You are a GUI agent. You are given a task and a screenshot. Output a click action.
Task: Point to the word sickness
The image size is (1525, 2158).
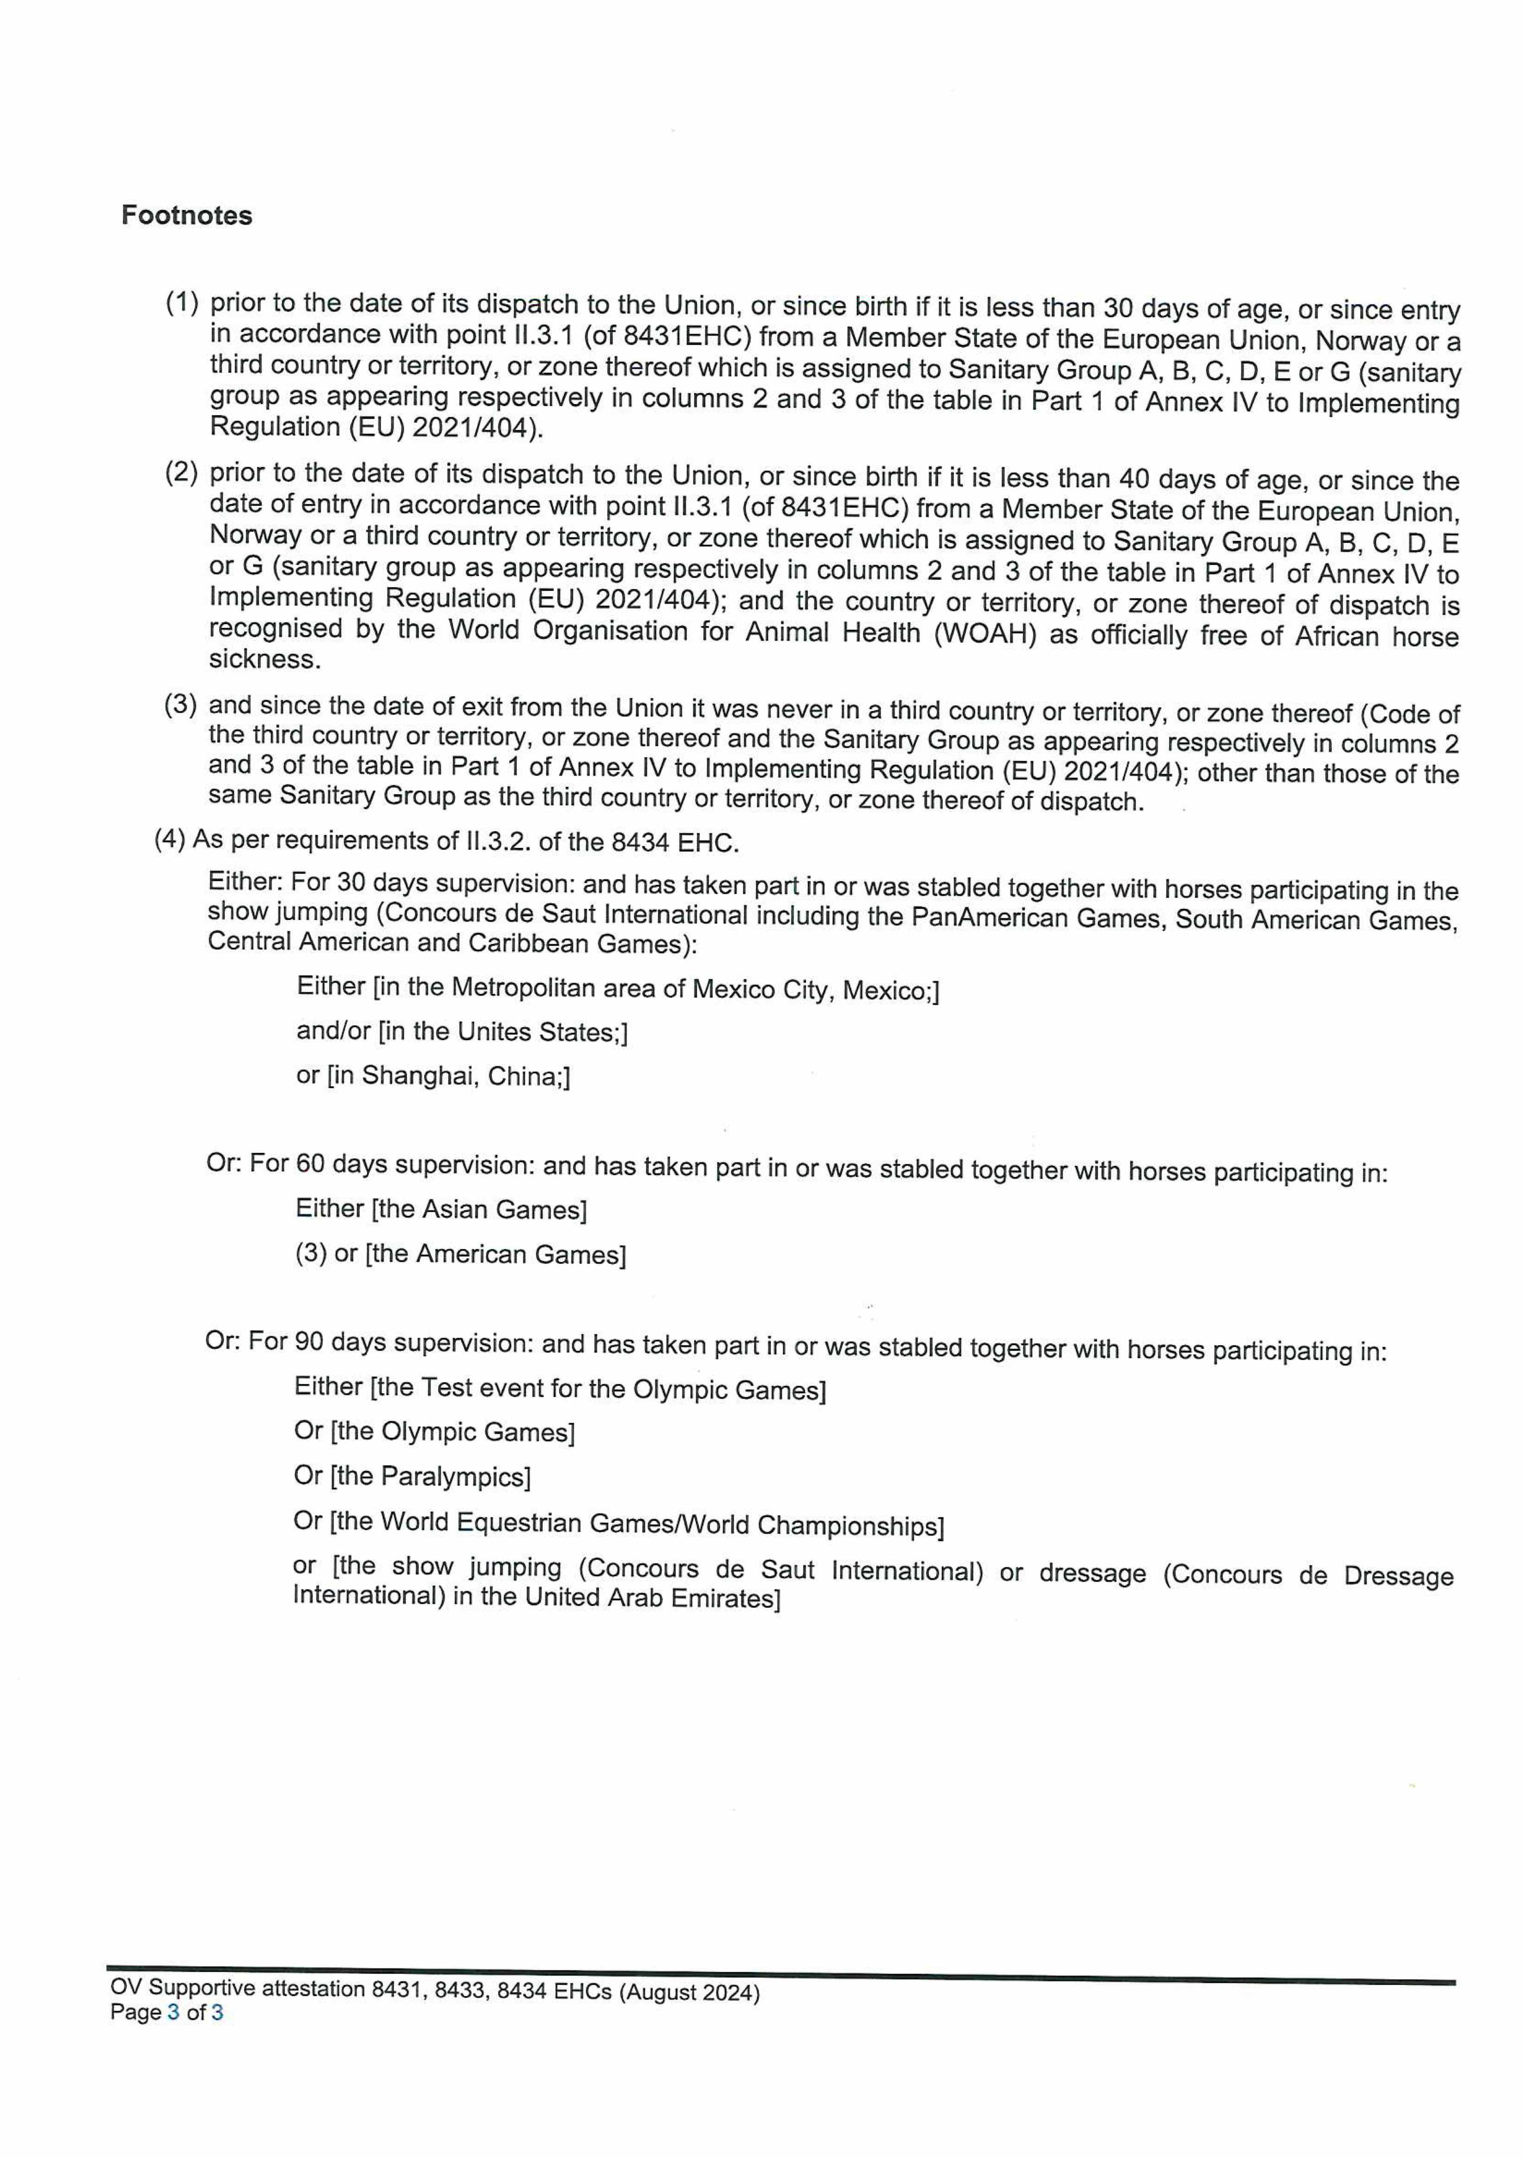click(264, 660)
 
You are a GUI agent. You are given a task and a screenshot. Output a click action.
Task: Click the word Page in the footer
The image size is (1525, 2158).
click(135, 2012)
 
